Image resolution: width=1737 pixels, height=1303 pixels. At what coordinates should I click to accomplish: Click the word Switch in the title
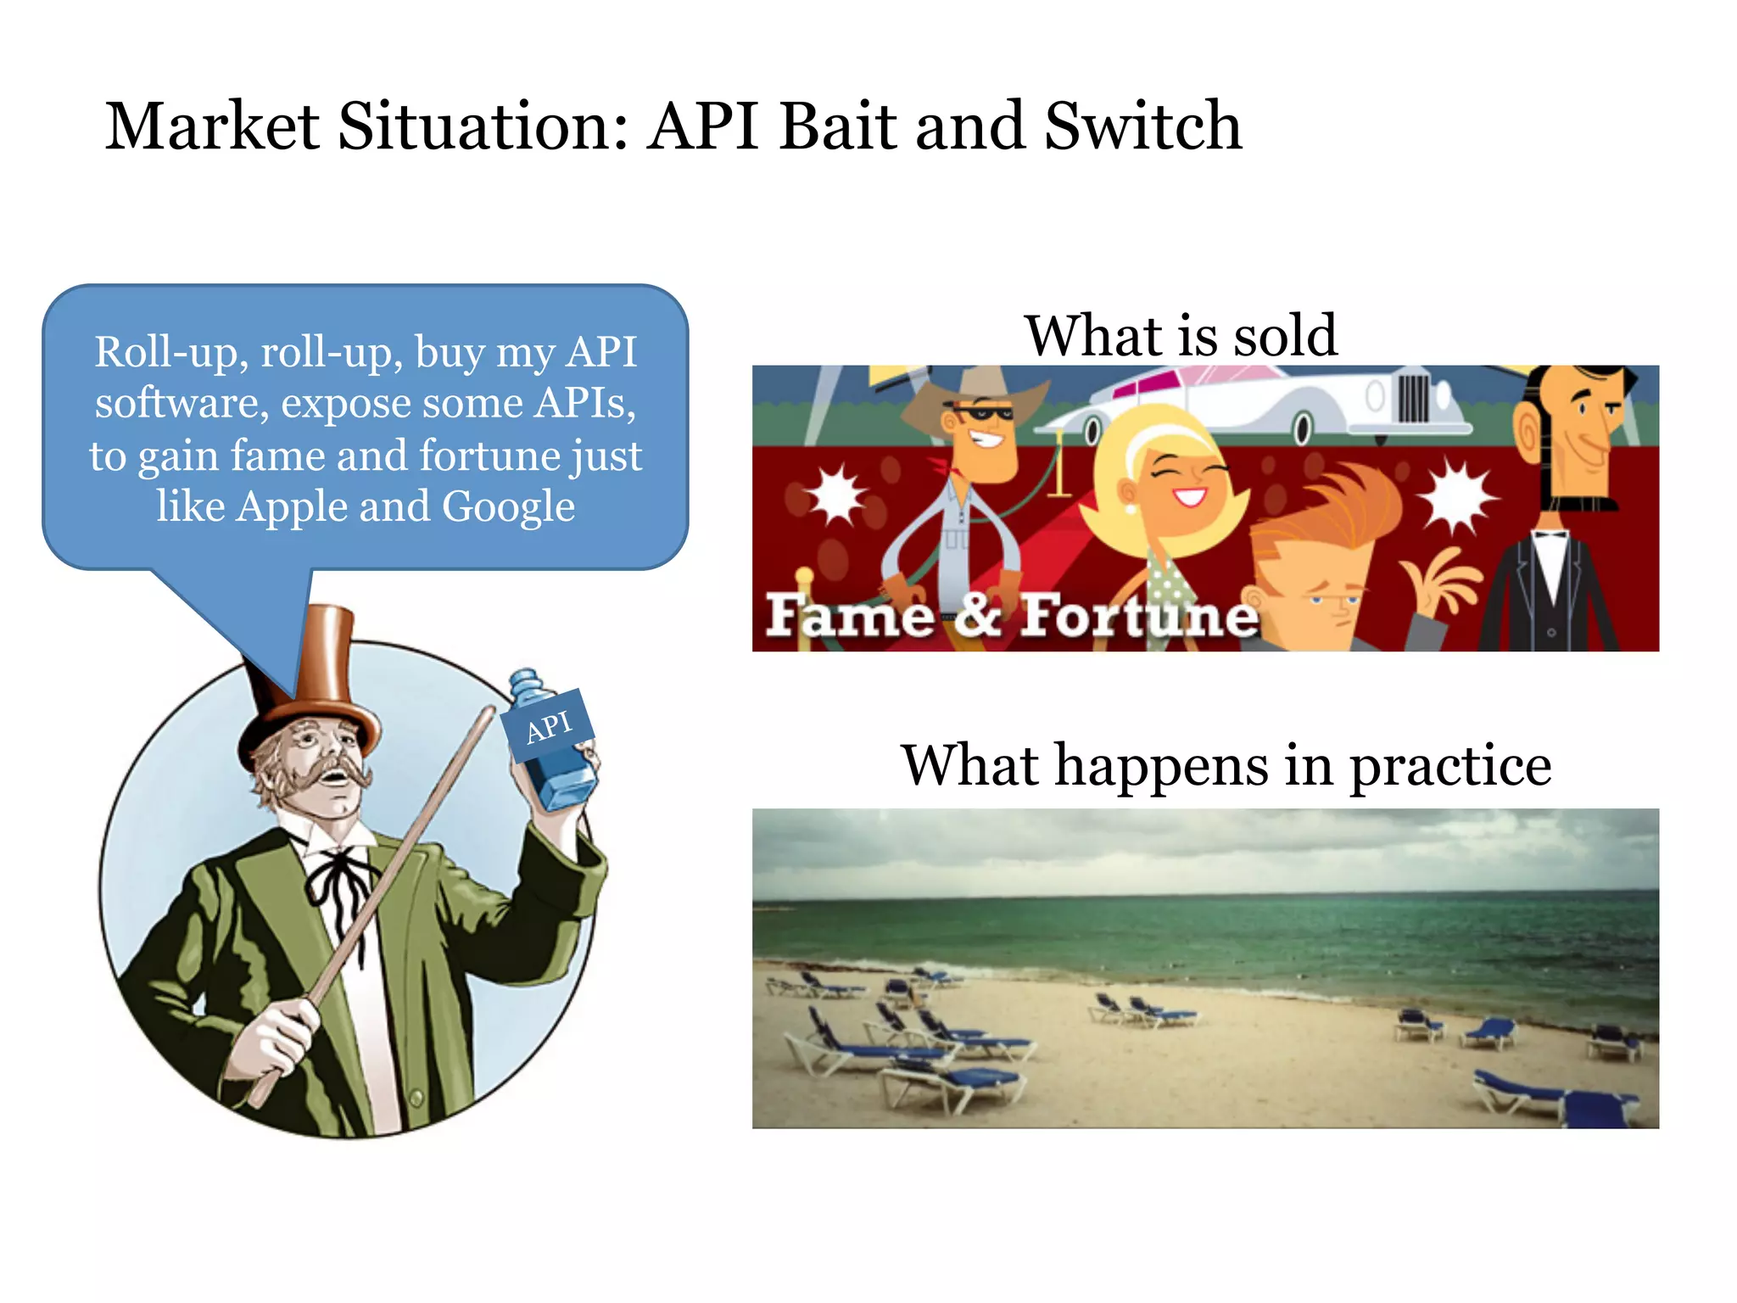tap(1142, 127)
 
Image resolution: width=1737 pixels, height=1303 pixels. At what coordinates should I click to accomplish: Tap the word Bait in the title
tap(836, 127)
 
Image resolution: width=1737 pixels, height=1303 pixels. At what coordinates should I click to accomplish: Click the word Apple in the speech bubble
tap(292, 507)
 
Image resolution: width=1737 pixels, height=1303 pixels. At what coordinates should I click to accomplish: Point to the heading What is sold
tap(1181, 336)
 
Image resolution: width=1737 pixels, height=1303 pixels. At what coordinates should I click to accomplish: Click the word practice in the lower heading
tap(1450, 766)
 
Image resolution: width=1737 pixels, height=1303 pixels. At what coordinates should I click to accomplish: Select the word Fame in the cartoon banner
tap(849, 616)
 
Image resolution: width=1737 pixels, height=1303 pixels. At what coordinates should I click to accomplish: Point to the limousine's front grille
tap(1413, 399)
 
